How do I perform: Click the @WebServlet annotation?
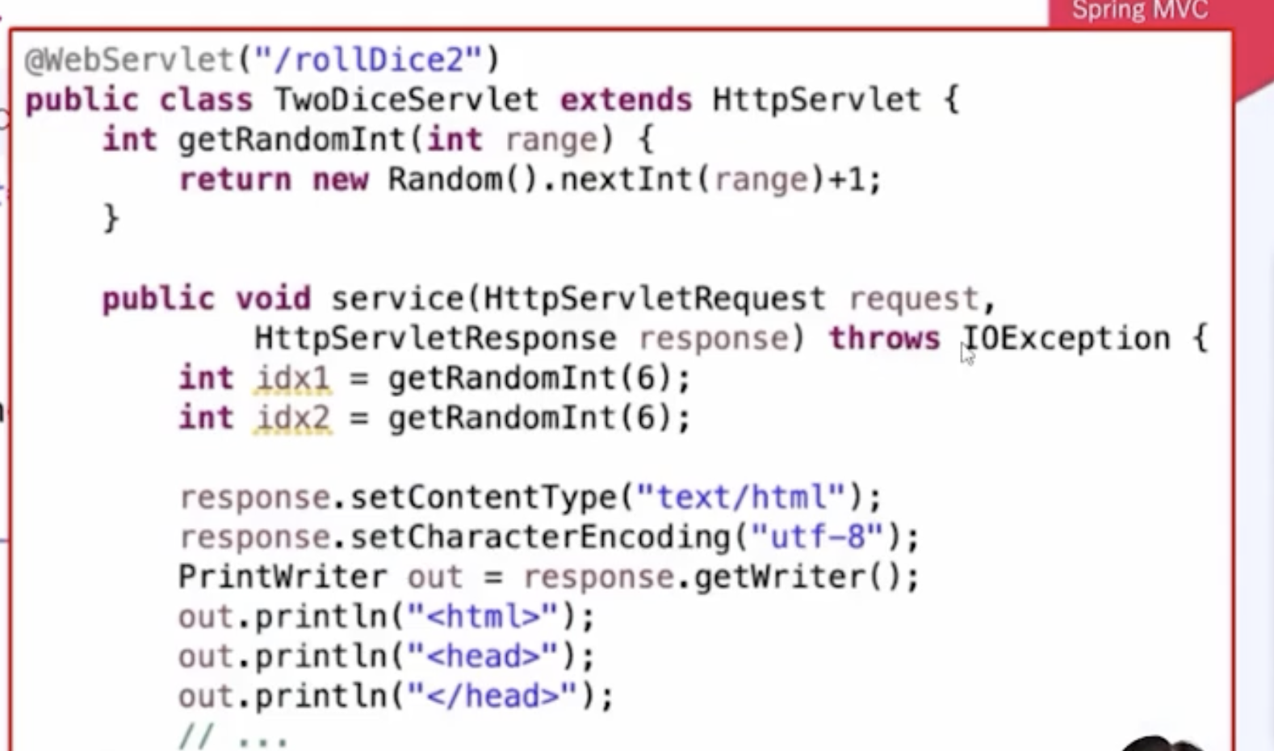tap(128, 60)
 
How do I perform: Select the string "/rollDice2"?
tap(368, 60)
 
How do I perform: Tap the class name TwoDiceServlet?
tap(405, 100)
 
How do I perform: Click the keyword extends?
tap(626, 100)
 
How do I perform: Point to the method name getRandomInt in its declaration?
tap(291, 140)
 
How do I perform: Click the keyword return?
tap(235, 179)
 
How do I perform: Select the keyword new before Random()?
tap(340, 179)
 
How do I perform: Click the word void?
tap(273, 299)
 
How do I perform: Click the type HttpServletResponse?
tap(435, 338)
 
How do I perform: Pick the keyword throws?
tap(884, 338)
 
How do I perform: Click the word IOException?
tap(1066, 338)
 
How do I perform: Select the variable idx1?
tap(292, 378)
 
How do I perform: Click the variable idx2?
tap(292, 417)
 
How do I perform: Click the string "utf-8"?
tap(816, 537)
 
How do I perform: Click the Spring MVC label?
tap(1139, 11)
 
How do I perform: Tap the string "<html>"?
tap(482, 616)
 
